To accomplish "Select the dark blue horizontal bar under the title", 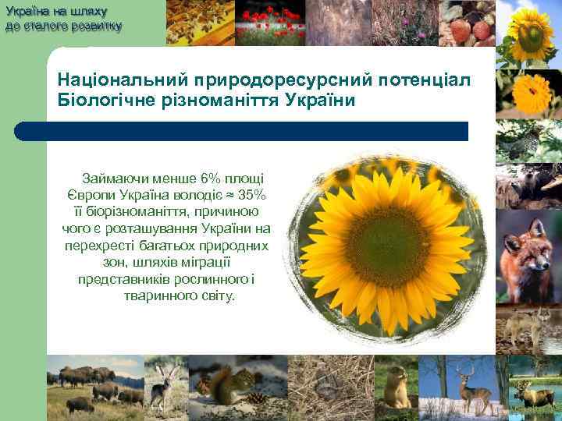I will [258, 131].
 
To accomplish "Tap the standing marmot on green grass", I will [395, 386].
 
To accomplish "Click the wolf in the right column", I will [529, 324].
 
